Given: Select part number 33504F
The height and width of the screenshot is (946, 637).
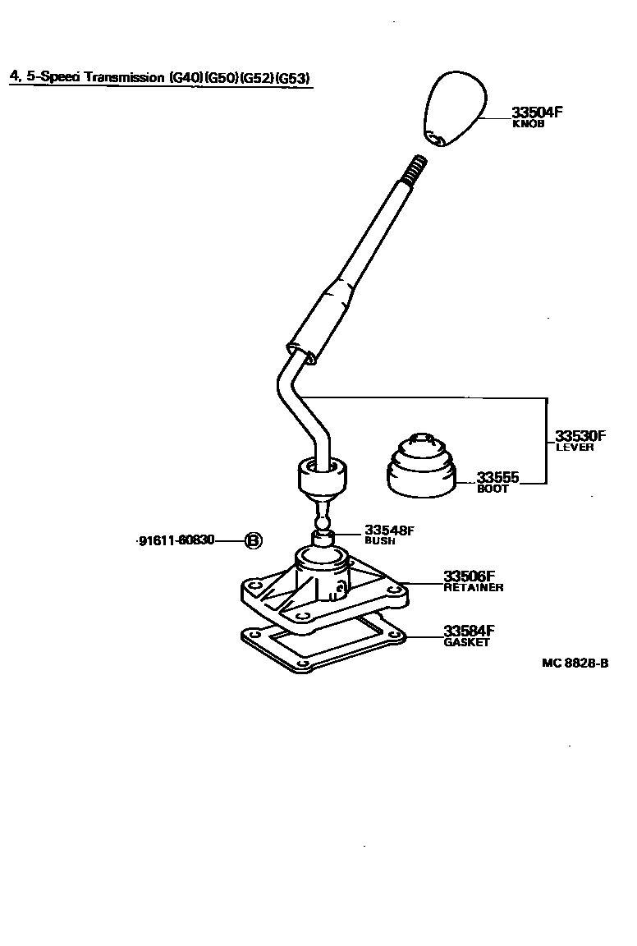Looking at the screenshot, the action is click(x=537, y=113).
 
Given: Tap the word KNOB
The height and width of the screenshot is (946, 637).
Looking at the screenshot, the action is click(x=528, y=125).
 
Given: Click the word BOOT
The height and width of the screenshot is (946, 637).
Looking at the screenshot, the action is click(x=493, y=489).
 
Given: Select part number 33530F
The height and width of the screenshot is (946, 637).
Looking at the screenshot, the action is click(x=580, y=435).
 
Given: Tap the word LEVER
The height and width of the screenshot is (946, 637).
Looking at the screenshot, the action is click(x=575, y=448).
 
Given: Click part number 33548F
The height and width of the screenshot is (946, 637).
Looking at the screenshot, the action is click(x=390, y=530).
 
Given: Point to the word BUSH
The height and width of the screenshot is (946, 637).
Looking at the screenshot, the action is click(x=380, y=542).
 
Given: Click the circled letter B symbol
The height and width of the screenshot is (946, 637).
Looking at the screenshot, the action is click(x=254, y=540).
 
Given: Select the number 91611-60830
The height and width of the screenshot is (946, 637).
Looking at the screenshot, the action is click(x=176, y=540).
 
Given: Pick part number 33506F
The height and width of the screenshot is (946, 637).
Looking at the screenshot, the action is click(x=470, y=576).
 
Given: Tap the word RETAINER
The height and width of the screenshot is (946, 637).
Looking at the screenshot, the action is click(x=474, y=588).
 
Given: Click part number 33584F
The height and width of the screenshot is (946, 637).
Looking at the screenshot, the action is click(x=469, y=631).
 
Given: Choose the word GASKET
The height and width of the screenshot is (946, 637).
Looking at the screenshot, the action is click(x=466, y=642).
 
